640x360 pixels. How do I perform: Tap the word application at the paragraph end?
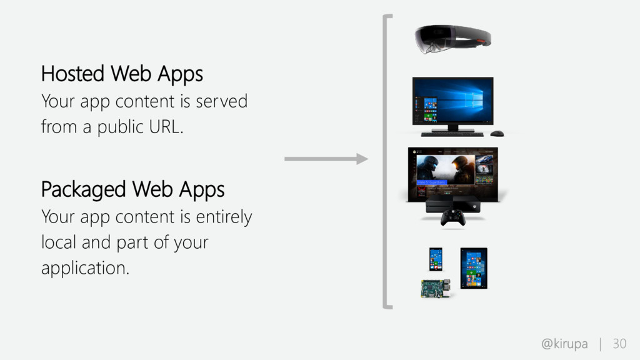click(x=85, y=268)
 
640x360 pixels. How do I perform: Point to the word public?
click(x=121, y=127)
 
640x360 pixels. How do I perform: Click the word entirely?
click(x=224, y=217)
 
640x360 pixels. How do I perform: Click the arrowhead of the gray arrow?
click(x=362, y=159)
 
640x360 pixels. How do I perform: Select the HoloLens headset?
click(x=452, y=39)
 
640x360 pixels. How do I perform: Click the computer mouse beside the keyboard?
click(x=497, y=134)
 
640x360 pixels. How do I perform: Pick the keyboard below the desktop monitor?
click(x=452, y=134)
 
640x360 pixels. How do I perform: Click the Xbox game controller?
click(x=452, y=217)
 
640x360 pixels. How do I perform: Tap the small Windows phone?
click(x=436, y=259)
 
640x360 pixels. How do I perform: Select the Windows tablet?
click(x=474, y=268)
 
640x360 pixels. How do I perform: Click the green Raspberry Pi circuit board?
click(x=436, y=289)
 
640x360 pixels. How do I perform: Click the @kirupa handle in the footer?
click(x=564, y=344)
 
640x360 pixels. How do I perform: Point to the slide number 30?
click(x=619, y=344)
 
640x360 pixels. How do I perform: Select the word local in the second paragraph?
click(x=59, y=242)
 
